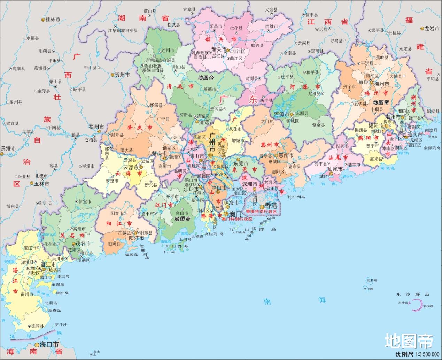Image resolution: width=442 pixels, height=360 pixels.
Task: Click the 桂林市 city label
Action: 53,20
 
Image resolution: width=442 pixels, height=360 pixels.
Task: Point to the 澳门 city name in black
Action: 235,214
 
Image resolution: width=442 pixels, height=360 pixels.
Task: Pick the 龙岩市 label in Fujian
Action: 432,29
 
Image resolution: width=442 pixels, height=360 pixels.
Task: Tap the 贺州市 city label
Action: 122,75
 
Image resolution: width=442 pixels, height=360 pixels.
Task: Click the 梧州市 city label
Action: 96,127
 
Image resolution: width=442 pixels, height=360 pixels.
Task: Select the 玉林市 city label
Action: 41,184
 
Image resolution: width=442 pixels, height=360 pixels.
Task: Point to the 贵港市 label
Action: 8,148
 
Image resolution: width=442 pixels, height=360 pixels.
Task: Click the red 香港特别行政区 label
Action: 261,212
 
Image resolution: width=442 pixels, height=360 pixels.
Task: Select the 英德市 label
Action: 210,89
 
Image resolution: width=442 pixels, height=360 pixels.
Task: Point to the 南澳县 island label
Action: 431,130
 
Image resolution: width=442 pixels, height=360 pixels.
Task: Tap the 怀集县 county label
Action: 156,105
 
